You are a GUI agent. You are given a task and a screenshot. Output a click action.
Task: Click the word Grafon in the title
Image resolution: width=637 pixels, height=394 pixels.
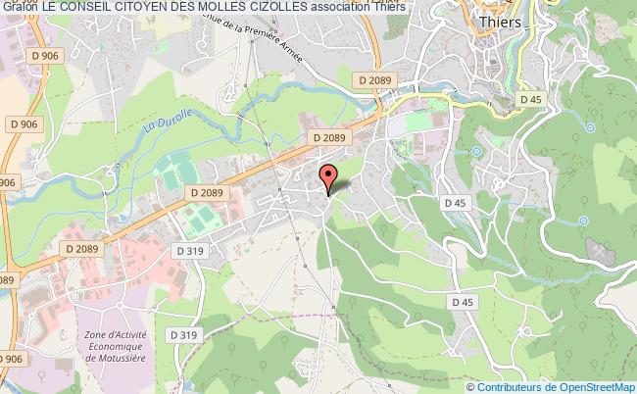(x=19, y=9)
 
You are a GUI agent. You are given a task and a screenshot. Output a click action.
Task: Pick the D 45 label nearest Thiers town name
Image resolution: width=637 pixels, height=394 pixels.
(x=530, y=99)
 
